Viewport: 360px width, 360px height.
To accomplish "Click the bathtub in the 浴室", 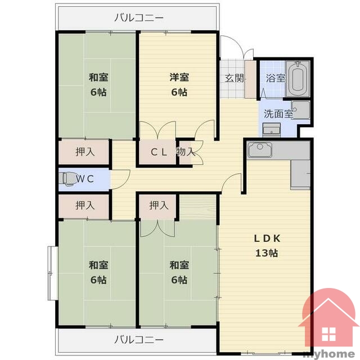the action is (298, 79).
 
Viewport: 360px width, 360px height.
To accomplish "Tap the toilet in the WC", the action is (66, 179).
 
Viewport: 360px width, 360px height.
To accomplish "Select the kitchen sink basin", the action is (260, 150).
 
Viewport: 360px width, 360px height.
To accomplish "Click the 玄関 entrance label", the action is (234, 78).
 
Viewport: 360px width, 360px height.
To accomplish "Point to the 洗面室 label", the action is (278, 114).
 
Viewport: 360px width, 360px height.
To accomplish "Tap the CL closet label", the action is (159, 152).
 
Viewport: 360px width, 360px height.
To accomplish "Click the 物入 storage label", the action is (186, 151).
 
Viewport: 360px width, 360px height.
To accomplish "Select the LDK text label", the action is (267, 238).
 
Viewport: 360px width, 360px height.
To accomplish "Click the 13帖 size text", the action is (267, 253).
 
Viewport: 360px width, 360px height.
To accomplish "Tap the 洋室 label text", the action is (179, 77).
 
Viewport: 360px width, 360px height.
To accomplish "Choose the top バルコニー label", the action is (139, 17).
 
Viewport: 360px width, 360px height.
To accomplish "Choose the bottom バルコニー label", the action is (139, 339).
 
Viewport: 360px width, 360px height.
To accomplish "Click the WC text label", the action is (85, 179).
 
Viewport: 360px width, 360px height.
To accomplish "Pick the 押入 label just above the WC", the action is (85, 152).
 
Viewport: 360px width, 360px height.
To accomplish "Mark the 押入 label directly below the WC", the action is (85, 205).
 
